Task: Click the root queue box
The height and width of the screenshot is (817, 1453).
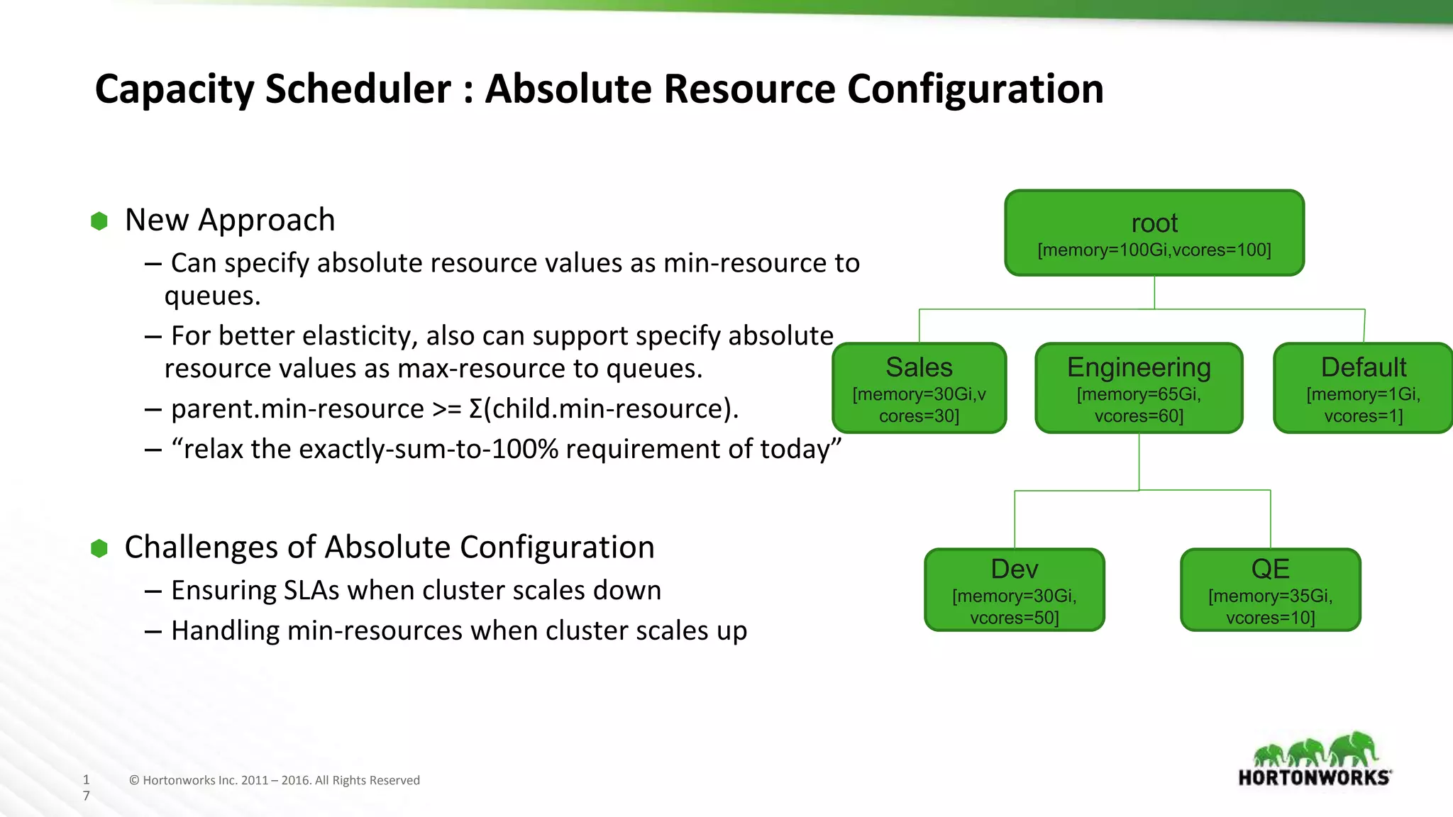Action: coord(1154,233)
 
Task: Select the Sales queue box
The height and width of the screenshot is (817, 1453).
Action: coord(919,388)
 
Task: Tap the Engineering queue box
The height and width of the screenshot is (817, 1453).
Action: coord(1139,388)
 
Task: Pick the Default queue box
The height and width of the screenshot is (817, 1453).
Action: coord(1363,388)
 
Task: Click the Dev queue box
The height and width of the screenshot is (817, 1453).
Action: coord(1015,590)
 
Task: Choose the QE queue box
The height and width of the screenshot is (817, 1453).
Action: coord(1270,590)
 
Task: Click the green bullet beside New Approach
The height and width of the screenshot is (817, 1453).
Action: coord(99,221)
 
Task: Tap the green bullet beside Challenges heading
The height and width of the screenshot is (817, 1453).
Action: coord(99,548)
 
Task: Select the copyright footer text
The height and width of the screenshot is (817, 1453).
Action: coord(275,780)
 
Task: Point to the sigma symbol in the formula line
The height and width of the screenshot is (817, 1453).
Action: coord(475,409)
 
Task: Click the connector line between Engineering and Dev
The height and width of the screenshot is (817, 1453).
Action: coord(1015,518)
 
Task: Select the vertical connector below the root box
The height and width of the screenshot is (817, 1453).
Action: coord(1154,292)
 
